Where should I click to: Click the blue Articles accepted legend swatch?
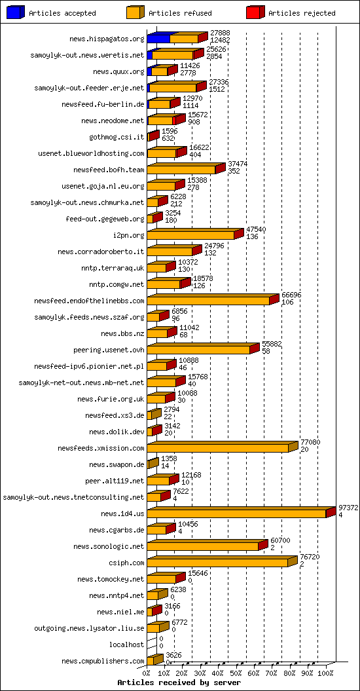point(15,12)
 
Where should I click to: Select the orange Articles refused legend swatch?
point(134,12)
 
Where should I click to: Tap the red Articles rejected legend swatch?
point(255,12)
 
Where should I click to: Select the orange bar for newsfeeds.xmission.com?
point(218,448)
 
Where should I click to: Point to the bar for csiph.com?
point(217,563)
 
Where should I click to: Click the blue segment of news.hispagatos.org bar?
point(158,39)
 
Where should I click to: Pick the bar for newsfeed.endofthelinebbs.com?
point(209,301)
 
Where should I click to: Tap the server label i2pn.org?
point(128,235)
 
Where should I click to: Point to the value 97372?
point(348,508)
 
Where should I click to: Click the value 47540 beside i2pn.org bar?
point(256,229)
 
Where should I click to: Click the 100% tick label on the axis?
point(326,671)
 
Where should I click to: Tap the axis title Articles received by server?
point(179,682)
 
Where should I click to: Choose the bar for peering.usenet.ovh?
point(199,350)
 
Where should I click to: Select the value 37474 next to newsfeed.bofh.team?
point(238,164)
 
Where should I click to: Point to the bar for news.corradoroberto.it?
point(170,252)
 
